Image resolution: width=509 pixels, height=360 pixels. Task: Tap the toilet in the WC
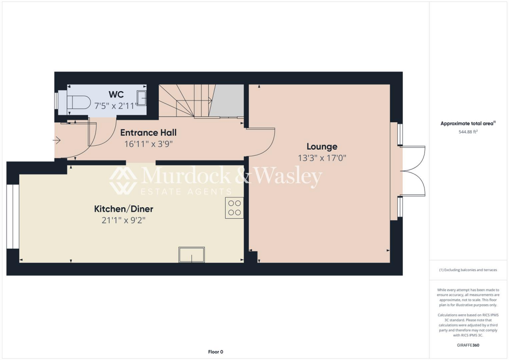pyautogui.click(x=77, y=102)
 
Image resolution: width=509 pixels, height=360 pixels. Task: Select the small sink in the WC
pyautogui.click(x=142, y=98)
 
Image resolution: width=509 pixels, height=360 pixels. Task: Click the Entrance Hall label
pyautogui.click(x=148, y=133)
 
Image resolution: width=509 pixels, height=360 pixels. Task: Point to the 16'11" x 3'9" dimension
pyautogui.click(x=148, y=144)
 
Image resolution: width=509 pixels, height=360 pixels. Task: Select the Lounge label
pyautogui.click(x=322, y=146)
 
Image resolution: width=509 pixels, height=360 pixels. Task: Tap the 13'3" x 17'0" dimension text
pyautogui.click(x=322, y=158)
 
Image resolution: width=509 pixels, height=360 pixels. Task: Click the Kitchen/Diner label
pyautogui.click(x=120, y=208)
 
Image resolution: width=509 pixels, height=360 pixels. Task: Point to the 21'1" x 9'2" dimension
pyautogui.click(x=120, y=220)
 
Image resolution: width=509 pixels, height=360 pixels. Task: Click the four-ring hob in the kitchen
pyautogui.click(x=234, y=208)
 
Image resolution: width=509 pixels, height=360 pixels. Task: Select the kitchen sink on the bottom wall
pyautogui.click(x=191, y=255)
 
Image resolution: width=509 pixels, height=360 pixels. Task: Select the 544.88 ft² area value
pyautogui.click(x=469, y=132)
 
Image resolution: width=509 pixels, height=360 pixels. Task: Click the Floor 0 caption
pyautogui.click(x=215, y=352)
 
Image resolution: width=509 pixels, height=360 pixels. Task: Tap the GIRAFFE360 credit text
pyautogui.click(x=469, y=345)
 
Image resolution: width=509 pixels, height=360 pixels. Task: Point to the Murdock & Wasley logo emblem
pyautogui.click(x=123, y=180)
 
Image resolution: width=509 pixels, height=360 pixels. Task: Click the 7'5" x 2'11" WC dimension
pyautogui.click(x=116, y=105)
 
